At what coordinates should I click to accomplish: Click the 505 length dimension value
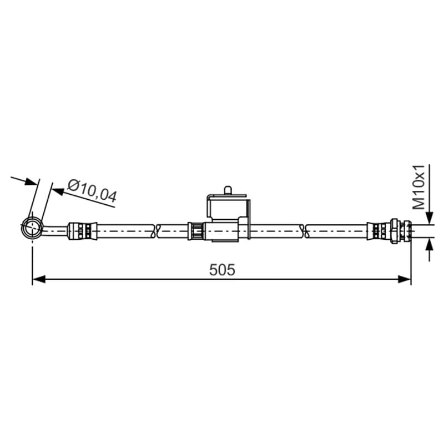tap(222, 270)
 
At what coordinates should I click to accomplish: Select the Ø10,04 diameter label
tap(92, 191)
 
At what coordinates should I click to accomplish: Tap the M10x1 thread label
tap(419, 187)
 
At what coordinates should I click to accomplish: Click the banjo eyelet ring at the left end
tap(32, 228)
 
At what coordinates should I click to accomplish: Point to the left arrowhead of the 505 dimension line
tap(39, 279)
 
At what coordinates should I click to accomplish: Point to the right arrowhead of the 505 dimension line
tap(404, 279)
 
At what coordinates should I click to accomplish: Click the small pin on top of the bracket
tap(228, 190)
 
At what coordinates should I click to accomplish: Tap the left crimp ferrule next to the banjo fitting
tap(82, 231)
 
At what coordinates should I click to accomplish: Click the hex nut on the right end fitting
tap(395, 231)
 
